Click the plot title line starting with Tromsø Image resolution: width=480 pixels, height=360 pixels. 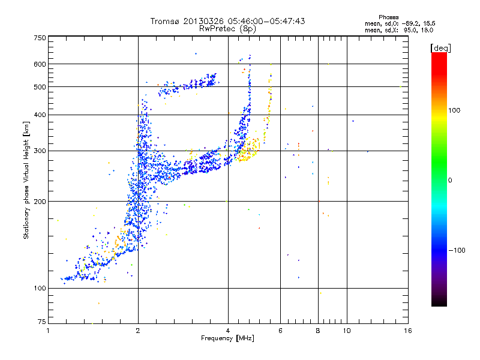(227, 21)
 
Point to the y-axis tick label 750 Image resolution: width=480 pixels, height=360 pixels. (40, 38)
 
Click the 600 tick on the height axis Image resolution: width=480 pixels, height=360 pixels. (40, 64)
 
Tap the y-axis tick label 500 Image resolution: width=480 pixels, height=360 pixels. (40, 87)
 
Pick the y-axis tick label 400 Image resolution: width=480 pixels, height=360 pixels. (40, 115)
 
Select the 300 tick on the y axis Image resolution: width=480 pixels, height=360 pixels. (40, 151)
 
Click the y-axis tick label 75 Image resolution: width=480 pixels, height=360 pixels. (41, 322)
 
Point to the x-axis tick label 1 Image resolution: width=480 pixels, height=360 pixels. (49, 331)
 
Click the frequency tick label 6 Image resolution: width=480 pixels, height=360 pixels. (280, 331)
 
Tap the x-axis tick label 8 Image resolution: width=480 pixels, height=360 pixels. (318, 331)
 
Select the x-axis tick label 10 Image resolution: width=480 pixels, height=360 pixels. (346, 331)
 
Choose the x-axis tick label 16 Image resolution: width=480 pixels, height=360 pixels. (407, 331)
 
